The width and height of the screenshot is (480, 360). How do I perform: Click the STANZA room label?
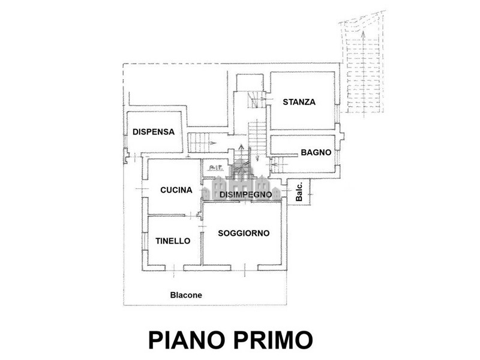299,102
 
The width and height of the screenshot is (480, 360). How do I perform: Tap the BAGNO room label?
316,152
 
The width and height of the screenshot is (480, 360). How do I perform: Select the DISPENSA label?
153,132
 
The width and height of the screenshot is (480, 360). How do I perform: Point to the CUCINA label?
176,190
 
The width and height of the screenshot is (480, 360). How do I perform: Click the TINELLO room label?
172,241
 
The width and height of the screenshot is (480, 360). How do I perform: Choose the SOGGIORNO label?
244,233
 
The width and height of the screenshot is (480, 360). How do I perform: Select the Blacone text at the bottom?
186,295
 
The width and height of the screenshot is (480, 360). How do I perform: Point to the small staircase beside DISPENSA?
202,143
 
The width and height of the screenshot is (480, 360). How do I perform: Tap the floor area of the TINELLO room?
173,255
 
